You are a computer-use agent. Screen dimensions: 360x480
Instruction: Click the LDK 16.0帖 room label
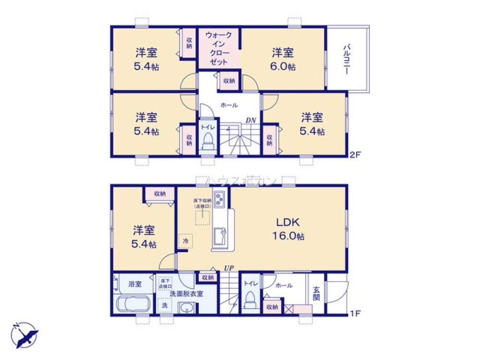288,229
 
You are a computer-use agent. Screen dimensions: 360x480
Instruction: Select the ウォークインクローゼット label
219,48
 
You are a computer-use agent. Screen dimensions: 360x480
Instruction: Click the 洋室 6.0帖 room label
283,59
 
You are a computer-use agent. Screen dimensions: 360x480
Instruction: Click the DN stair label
251,120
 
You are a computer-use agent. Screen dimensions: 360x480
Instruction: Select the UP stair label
228,268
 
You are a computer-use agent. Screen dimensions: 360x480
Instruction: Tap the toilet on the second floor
207,139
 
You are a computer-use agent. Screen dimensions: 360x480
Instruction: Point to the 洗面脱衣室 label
186,294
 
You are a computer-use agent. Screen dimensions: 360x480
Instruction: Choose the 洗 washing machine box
165,305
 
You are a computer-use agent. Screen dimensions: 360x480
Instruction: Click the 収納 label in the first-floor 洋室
160,194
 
